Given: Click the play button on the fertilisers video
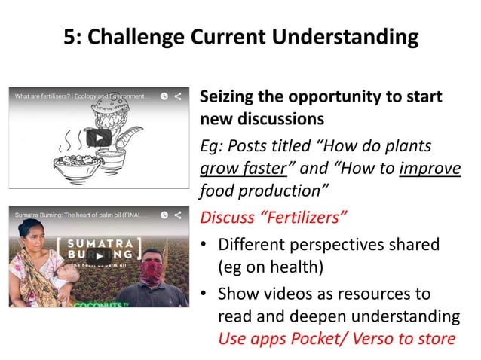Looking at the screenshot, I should pos(99,139).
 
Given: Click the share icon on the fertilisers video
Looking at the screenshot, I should pos(179,96).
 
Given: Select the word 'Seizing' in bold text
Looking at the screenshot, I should pos(226,99).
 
